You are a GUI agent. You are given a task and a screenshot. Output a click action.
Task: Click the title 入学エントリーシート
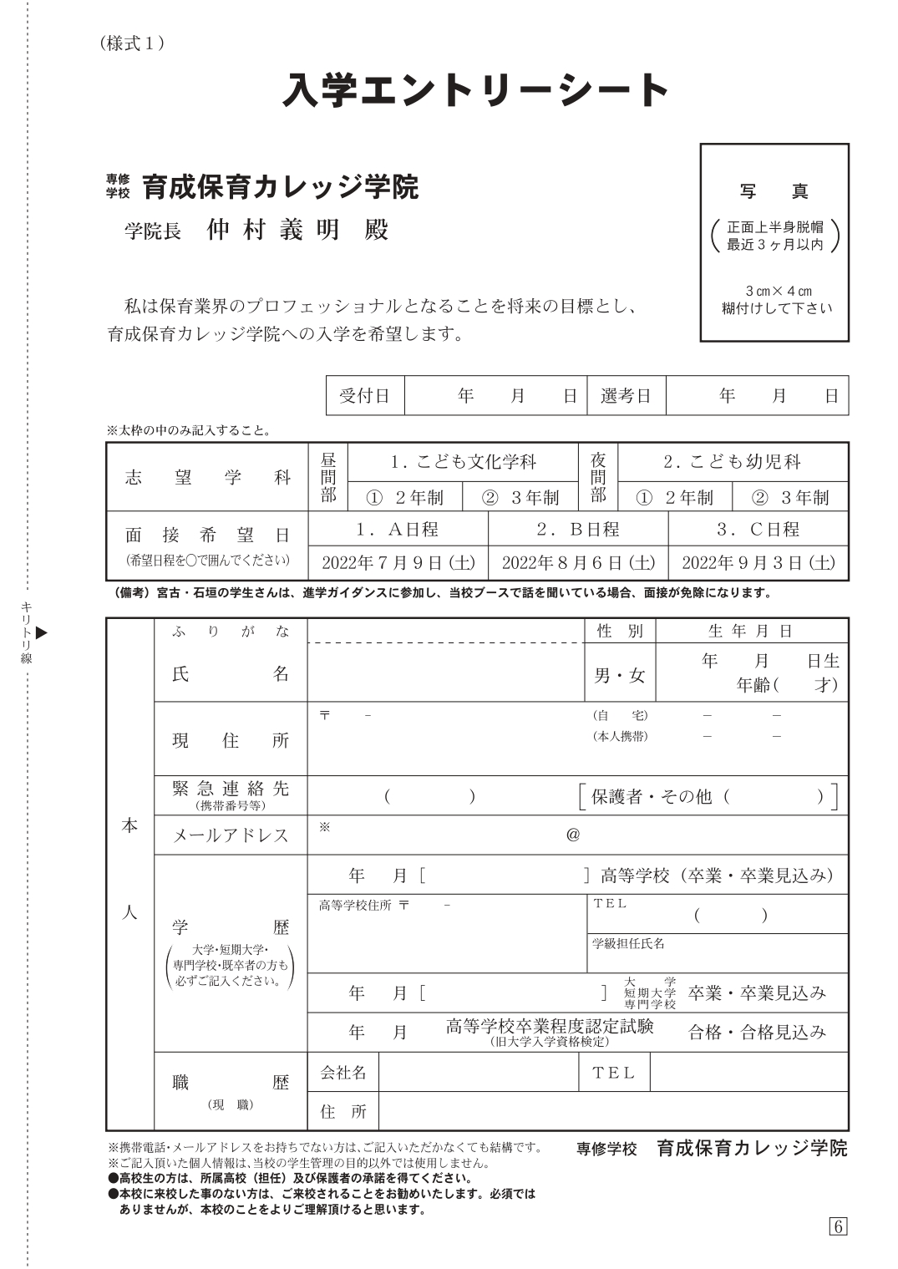point(476,90)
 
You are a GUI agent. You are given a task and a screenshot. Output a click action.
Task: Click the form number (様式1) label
point(131,43)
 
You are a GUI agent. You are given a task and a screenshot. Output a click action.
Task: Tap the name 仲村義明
point(274,230)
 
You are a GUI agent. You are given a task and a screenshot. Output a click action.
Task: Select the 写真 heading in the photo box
point(774,191)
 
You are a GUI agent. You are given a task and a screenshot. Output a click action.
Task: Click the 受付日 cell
point(365,396)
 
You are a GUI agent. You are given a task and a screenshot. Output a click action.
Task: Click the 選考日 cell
point(626,396)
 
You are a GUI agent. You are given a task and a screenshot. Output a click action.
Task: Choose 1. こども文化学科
point(463,462)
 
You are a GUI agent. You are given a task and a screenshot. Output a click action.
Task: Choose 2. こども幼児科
point(732,462)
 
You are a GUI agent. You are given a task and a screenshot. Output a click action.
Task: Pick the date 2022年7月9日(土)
point(398,562)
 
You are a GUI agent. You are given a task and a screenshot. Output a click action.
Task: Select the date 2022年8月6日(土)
point(578,562)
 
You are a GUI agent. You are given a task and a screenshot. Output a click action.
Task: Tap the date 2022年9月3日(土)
point(758,562)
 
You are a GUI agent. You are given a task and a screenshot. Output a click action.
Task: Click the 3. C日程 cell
point(758,529)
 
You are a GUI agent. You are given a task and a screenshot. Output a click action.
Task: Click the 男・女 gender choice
point(620,675)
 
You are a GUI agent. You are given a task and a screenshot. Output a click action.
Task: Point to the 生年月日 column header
point(751,631)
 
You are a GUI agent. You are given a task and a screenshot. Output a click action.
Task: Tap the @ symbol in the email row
point(573,835)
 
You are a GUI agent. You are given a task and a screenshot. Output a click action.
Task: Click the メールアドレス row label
point(231,835)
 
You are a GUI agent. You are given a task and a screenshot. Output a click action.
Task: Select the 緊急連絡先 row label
point(231,789)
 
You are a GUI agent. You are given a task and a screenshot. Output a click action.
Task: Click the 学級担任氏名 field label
point(628,943)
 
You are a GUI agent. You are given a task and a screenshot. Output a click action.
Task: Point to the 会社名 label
point(343,1072)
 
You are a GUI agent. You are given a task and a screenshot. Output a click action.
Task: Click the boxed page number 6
point(838,1226)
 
